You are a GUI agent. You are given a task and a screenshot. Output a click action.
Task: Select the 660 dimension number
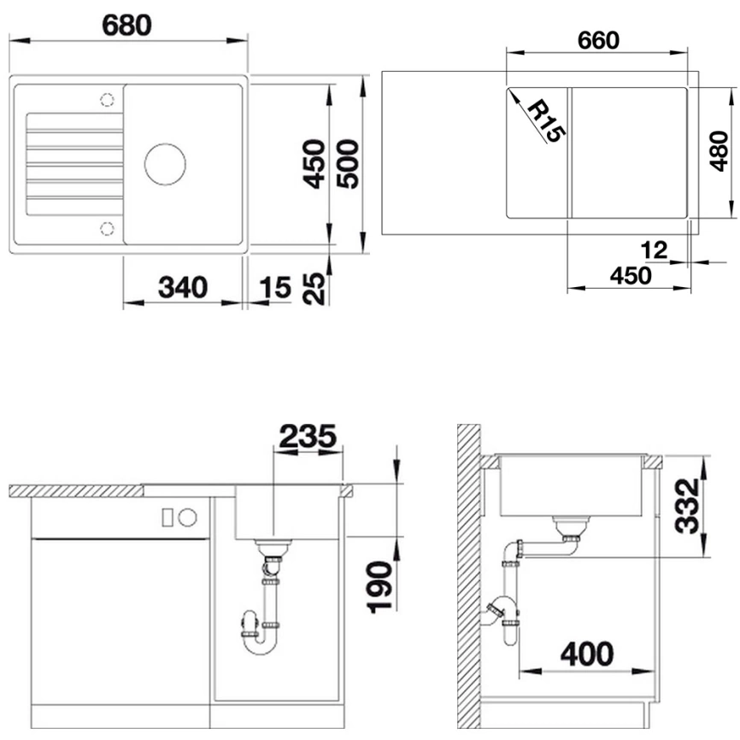[598, 40]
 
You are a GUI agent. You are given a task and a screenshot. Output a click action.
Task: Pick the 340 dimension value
[183, 288]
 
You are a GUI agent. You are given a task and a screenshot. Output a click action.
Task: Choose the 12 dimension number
[654, 250]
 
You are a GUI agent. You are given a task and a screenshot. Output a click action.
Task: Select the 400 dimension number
[587, 655]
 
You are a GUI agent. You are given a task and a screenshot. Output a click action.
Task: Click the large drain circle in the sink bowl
[165, 163]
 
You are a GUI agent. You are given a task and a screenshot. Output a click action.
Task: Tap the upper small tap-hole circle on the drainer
[108, 100]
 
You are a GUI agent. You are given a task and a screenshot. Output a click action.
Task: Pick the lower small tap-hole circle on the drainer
[108, 227]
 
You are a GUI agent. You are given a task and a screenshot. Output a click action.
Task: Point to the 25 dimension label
[314, 288]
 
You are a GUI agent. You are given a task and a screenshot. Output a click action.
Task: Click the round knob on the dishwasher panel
[188, 516]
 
